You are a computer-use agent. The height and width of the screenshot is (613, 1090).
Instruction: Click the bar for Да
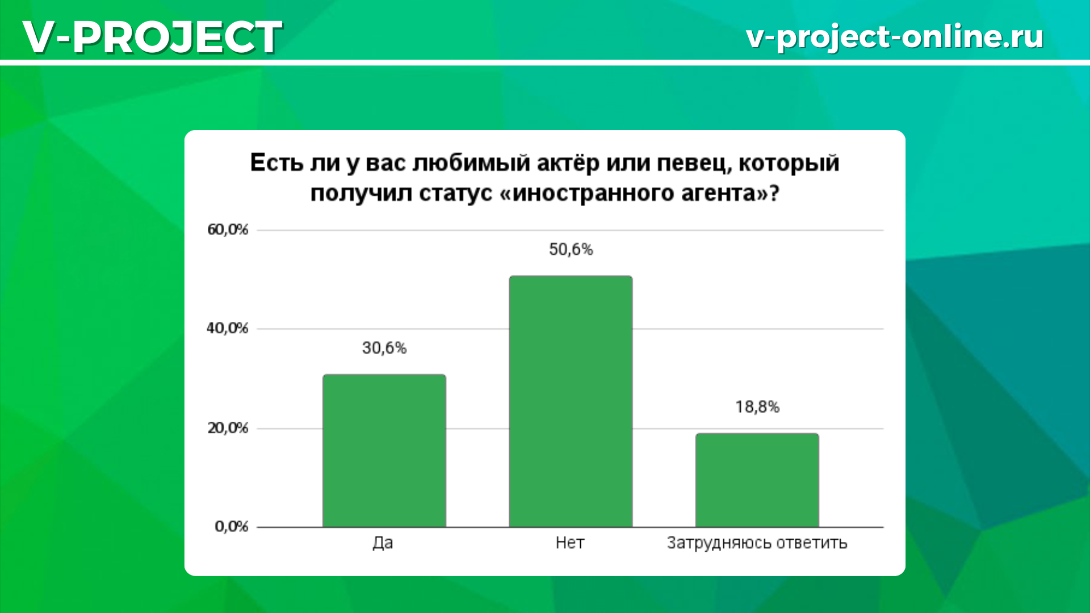point(384,451)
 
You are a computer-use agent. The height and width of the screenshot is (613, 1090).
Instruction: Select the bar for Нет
point(571,401)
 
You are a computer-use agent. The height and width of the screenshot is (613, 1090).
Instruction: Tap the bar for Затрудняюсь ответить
point(757,480)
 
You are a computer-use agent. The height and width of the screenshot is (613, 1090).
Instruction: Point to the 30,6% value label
point(384,348)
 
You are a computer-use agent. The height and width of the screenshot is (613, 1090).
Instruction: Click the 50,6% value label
point(571,249)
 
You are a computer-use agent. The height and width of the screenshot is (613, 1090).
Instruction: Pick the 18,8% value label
point(757,407)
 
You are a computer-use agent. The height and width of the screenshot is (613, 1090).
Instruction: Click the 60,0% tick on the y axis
point(228,230)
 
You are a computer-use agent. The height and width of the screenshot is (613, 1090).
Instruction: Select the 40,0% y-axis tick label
point(228,328)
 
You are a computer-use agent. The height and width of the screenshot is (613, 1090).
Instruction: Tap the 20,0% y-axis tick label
point(228,428)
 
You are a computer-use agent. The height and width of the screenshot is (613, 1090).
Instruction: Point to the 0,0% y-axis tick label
point(232,527)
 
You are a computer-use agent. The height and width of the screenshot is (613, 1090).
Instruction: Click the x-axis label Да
point(383,543)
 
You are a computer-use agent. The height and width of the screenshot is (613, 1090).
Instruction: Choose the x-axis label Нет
point(570,543)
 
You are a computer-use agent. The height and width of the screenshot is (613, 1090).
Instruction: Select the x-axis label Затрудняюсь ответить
point(757,543)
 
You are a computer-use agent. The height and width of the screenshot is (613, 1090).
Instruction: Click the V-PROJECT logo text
point(152,37)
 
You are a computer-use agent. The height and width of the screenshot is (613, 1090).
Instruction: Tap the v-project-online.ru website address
point(895,37)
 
